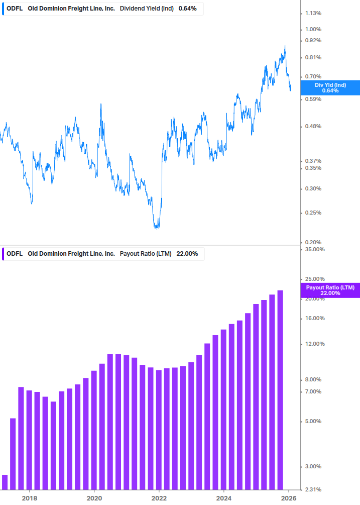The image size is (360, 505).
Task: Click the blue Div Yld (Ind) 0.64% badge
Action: (330, 87)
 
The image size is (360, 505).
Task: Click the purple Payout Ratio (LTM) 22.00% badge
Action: (330, 290)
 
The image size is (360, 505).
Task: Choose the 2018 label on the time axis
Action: (29, 498)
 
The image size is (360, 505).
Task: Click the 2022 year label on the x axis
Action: (159, 498)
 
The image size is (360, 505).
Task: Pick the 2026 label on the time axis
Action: (288, 498)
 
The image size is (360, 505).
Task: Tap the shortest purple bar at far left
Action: (5, 482)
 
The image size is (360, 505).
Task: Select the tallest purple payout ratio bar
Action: (280, 389)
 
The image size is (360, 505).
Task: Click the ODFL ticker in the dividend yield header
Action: (14, 8)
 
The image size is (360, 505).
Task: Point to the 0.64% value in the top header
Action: (188, 8)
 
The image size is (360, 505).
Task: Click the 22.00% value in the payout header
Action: (187, 254)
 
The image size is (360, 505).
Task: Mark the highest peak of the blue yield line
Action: (285, 46)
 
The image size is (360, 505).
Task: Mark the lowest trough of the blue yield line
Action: (157, 229)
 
